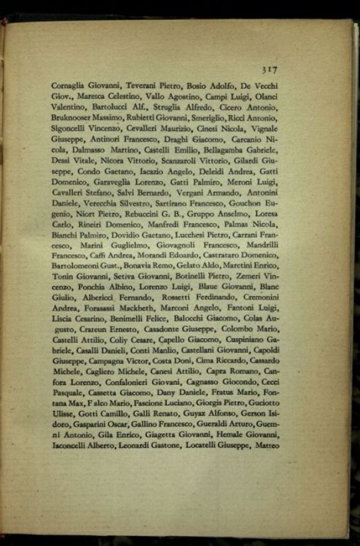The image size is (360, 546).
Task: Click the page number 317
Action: (x=269, y=70)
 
